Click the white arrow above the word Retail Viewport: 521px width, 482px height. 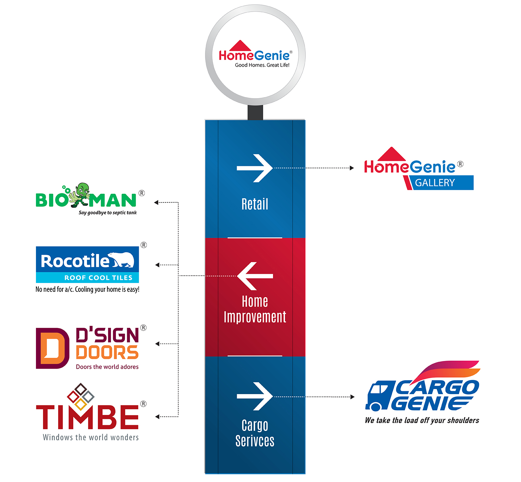[x=255, y=168]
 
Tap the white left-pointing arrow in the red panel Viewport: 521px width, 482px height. [x=255, y=276]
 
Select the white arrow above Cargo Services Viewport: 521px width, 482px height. [x=255, y=396]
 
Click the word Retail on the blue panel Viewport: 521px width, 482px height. [x=255, y=204]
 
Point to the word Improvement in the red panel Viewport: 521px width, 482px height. [x=255, y=317]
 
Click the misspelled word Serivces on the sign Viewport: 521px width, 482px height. [x=255, y=441]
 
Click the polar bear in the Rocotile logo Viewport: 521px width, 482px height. [x=122, y=260]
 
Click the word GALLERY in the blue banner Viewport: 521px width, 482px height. [x=435, y=183]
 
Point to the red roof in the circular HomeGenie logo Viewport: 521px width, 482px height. [x=240, y=46]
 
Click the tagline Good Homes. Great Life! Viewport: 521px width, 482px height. [x=262, y=65]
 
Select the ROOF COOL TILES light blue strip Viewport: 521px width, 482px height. [x=87, y=278]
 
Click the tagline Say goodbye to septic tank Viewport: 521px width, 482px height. [x=107, y=213]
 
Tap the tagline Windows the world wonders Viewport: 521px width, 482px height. [x=91, y=438]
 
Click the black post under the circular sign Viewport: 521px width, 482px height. [x=255, y=113]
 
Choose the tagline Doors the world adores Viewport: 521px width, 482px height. [x=107, y=367]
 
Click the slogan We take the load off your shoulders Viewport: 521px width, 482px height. [x=422, y=420]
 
